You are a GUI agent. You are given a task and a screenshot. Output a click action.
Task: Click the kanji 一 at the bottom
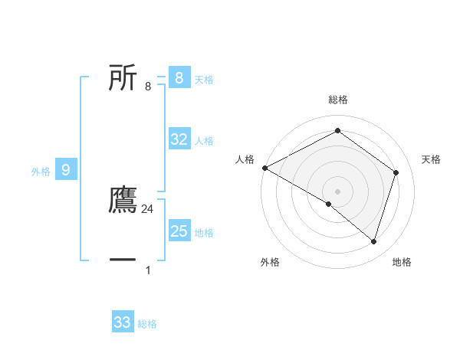click(123, 260)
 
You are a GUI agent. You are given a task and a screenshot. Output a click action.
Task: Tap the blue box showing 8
click(179, 77)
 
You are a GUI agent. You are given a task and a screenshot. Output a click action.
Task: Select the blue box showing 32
click(179, 139)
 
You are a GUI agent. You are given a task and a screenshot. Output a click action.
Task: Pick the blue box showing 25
click(179, 231)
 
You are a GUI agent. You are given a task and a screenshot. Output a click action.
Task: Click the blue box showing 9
click(66, 170)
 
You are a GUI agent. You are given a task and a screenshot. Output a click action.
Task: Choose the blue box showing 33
click(123, 322)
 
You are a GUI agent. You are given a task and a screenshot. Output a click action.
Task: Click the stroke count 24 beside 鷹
click(148, 209)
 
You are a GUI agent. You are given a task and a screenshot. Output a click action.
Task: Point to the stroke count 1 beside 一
click(148, 270)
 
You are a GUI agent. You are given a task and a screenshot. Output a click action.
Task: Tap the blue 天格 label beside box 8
click(204, 80)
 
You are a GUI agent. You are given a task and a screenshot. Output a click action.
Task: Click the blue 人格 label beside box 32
click(204, 141)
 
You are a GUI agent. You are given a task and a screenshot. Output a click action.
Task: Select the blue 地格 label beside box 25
click(204, 233)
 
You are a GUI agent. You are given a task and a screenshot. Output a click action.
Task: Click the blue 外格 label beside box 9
click(41, 172)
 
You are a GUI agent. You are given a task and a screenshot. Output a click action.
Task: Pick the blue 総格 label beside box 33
click(147, 324)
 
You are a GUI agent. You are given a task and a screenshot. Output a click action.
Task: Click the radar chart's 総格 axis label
click(337, 100)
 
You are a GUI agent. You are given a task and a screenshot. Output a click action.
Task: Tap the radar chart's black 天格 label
click(431, 159)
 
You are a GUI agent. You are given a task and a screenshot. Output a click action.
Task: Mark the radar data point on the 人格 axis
click(264, 168)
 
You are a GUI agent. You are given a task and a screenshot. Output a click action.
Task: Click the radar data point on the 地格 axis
click(373, 241)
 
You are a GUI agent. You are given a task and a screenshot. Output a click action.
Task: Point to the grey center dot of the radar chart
click(337, 191)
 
